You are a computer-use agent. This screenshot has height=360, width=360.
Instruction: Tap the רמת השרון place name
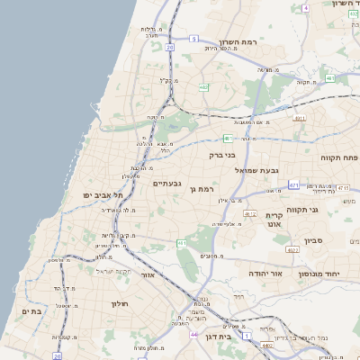pos(238,42)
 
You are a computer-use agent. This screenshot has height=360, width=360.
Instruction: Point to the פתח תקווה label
pos(338,157)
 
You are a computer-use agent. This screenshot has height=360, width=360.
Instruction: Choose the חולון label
pos(121,303)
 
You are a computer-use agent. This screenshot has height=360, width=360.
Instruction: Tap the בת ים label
pos(32,310)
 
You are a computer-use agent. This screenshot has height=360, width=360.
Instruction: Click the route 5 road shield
pos(193,39)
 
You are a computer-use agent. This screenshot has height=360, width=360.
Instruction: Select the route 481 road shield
pos(229,138)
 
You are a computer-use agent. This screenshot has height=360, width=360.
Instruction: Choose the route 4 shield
pos(305,7)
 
